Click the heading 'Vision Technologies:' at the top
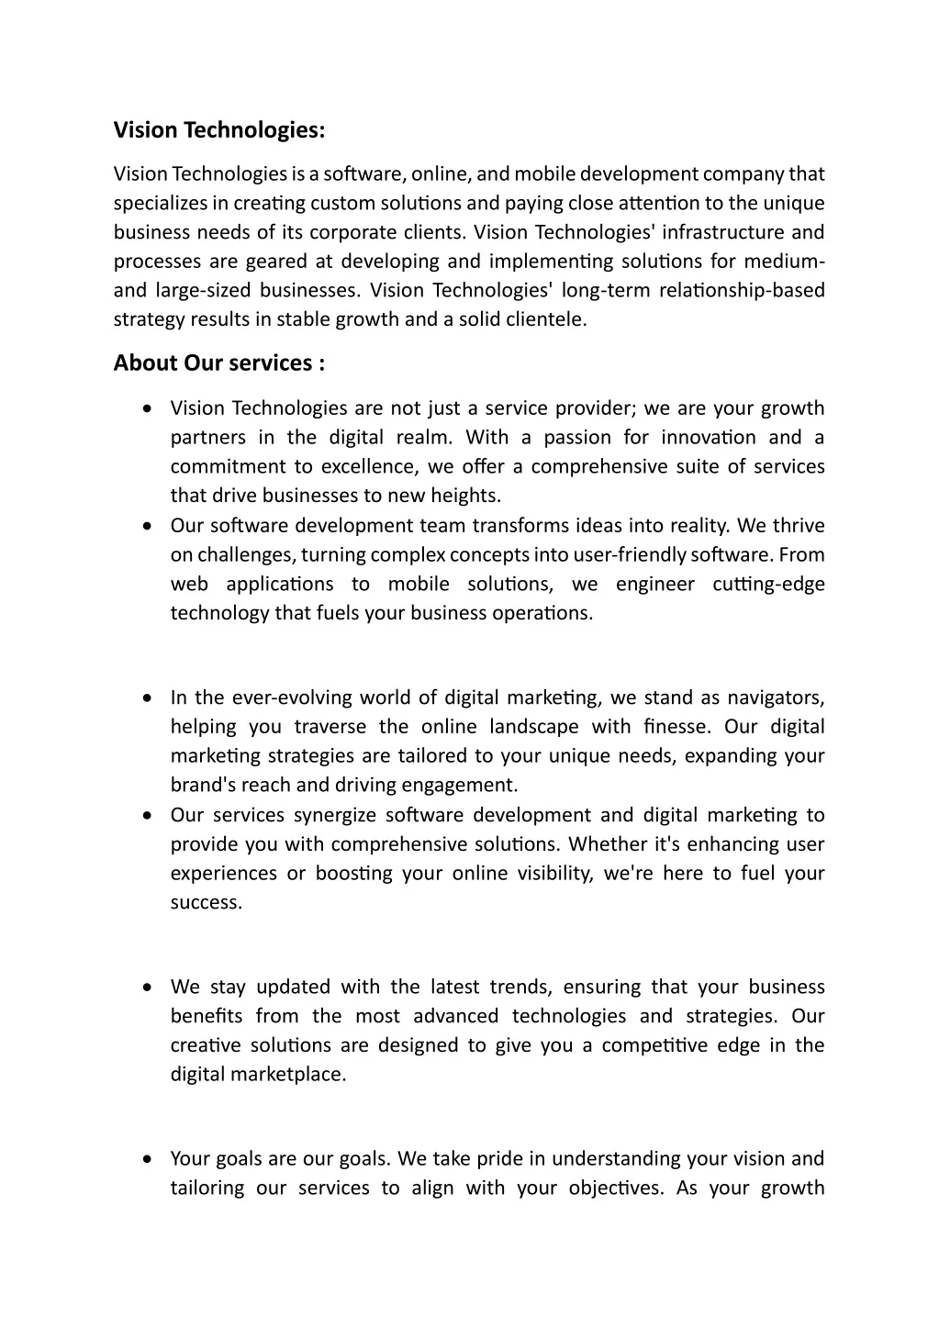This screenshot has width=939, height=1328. pos(218,130)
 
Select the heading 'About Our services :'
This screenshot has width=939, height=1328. pos(218,363)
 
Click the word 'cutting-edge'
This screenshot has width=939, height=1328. pos(768,585)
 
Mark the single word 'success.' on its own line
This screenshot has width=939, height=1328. pos(207,903)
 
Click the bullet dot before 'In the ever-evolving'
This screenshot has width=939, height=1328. pos(148,698)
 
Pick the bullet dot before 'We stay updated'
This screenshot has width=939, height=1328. pos(148,988)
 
